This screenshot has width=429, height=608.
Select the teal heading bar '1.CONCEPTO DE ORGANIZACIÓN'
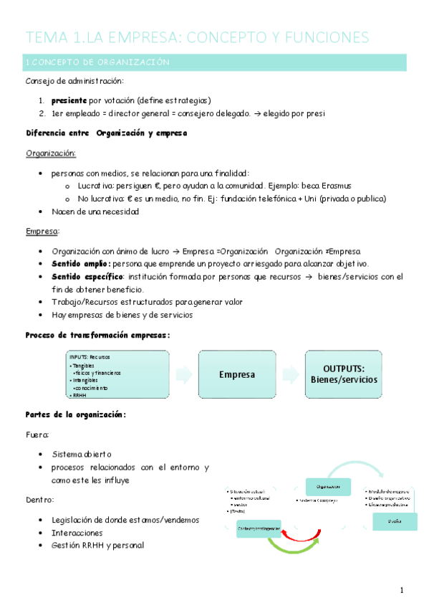click(x=214, y=62)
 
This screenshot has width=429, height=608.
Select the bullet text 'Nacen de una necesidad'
click(x=95, y=212)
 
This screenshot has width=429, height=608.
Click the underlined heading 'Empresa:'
click(x=43, y=232)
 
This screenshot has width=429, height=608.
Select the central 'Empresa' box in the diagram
click(x=237, y=374)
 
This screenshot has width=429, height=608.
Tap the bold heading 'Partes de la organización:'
click(x=76, y=414)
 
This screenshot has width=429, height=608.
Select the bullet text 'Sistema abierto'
click(x=82, y=455)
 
